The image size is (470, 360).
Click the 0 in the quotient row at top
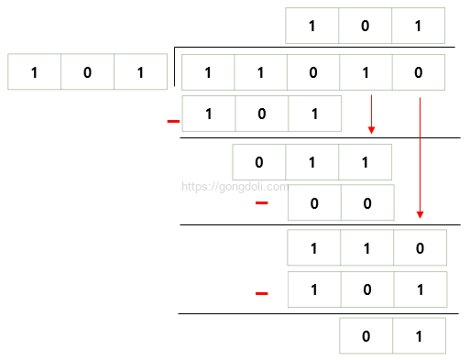[365, 26]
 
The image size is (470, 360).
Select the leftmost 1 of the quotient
[312, 26]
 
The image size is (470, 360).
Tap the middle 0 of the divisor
[87, 72]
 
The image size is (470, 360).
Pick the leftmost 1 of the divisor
[34, 72]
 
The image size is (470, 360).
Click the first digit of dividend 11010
[208, 72]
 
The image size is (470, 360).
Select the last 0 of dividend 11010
[419, 72]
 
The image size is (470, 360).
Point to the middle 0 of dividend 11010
[313, 72]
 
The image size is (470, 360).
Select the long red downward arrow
[420, 156]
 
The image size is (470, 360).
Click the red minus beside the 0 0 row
[261, 202]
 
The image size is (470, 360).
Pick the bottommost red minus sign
[261, 293]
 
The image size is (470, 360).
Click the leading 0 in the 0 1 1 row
[259, 162]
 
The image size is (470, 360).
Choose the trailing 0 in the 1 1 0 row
[420, 248]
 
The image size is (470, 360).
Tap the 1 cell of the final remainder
[419, 336]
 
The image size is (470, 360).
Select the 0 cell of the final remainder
[366, 336]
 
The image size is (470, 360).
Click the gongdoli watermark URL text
[233, 186]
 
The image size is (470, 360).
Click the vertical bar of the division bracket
[174, 69]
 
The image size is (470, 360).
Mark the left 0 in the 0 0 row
[314, 203]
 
